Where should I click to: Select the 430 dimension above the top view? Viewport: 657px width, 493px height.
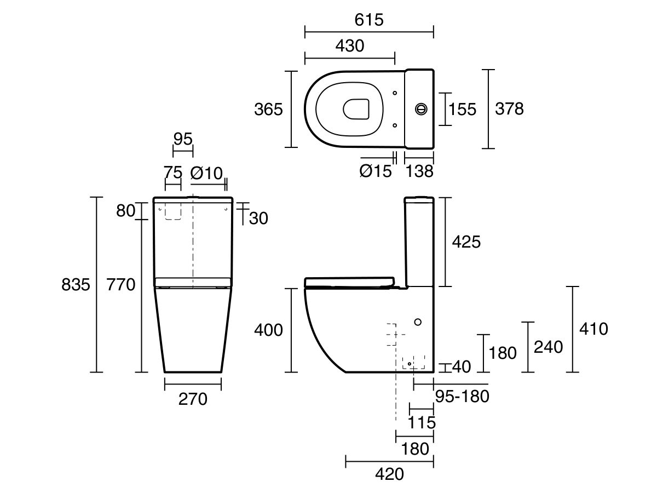click(349, 46)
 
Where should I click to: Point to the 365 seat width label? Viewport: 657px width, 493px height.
click(268, 110)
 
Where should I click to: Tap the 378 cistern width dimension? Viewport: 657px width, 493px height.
click(509, 109)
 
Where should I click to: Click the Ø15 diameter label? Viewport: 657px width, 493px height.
click(376, 171)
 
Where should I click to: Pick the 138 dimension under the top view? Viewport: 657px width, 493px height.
click(419, 171)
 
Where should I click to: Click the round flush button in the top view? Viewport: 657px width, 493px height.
click(422, 108)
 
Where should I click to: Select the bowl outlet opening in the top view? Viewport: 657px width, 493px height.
click(356, 109)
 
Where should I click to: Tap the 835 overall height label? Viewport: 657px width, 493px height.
click(75, 285)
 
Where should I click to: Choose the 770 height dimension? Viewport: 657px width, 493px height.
click(120, 285)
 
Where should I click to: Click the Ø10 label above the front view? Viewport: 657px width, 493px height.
click(206, 173)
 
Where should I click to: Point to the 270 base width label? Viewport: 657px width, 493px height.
click(193, 399)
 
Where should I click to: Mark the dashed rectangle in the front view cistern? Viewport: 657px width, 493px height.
click(173, 211)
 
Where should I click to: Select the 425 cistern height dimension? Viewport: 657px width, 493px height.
click(466, 242)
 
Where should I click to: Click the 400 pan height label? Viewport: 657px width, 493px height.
click(268, 330)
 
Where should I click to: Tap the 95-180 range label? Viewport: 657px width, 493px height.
click(462, 396)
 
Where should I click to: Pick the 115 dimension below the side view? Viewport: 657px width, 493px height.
click(422, 422)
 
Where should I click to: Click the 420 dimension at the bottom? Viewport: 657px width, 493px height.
click(389, 474)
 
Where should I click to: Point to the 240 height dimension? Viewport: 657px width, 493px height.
click(547, 347)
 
